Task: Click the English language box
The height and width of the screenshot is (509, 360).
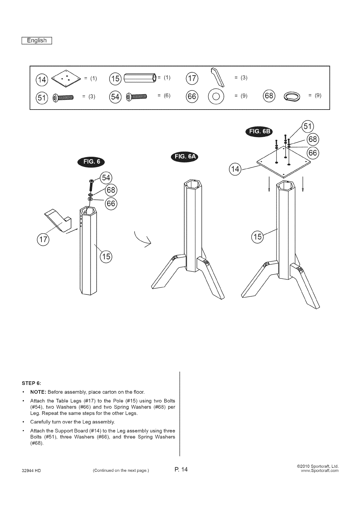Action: pyautogui.click(x=37, y=41)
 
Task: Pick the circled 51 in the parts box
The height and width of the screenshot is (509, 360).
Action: pyautogui.click(x=41, y=97)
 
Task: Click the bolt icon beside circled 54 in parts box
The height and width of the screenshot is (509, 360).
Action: pyautogui.click(x=137, y=97)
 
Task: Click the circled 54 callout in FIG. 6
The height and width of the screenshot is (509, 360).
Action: pyautogui.click(x=106, y=178)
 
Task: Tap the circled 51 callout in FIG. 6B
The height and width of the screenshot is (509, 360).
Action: pyautogui.click(x=308, y=126)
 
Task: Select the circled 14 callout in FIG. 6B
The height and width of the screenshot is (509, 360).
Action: pyautogui.click(x=235, y=169)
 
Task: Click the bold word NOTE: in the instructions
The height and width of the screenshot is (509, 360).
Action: pyautogui.click(x=38, y=392)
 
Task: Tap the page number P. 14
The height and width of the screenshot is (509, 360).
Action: pyautogui.click(x=181, y=469)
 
